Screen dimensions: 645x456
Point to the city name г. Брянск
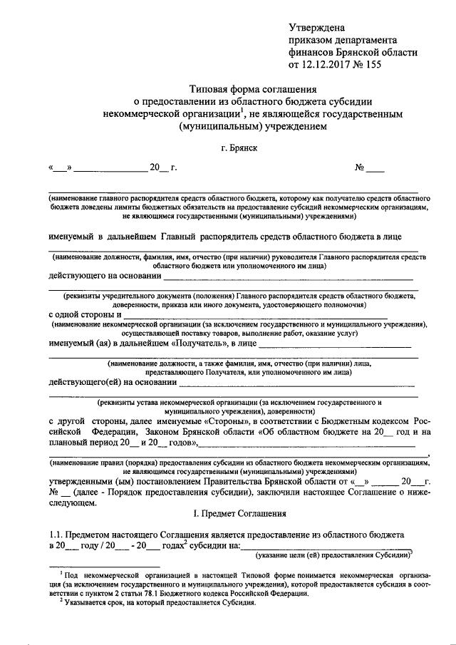(x=238, y=148)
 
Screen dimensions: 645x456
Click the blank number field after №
(x=375, y=170)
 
